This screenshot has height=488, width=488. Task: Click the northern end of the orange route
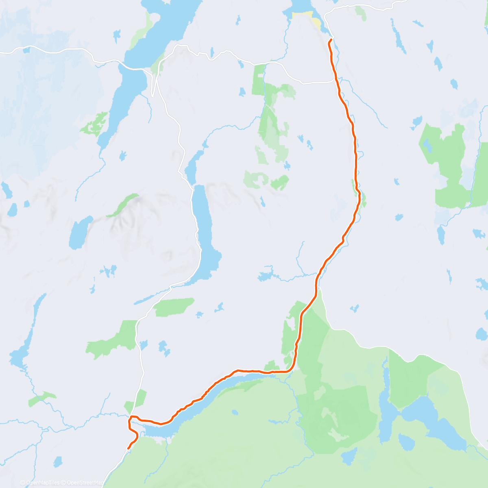(x=331, y=39)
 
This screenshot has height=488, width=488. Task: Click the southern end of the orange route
(x=129, y=449)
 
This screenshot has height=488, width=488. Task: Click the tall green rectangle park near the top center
(x=258, y=79)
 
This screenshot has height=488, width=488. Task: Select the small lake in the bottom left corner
(x=58, y=462)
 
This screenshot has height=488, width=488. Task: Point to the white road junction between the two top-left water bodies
(x=152, y=75)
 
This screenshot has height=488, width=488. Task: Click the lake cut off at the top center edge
(x=301, y=6)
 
